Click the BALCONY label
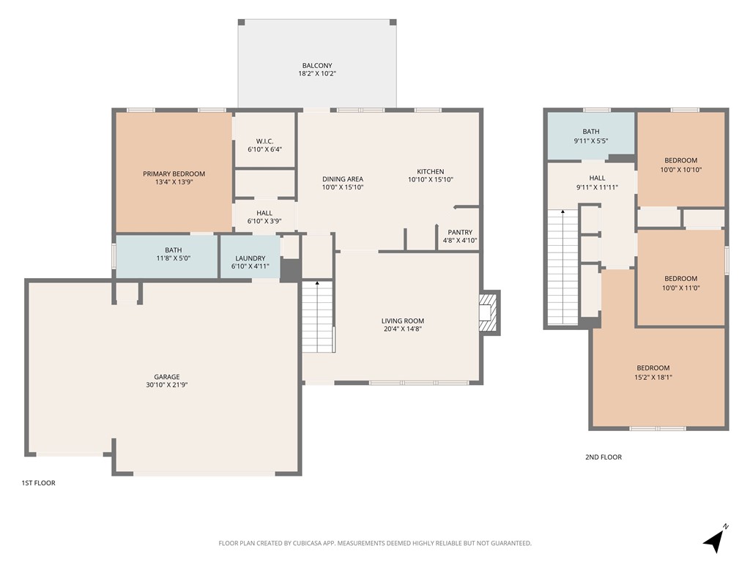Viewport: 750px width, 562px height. (316, 66)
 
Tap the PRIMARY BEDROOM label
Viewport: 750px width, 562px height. (174, 174)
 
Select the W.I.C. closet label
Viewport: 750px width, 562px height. (264, 141)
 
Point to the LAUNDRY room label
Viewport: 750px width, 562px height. (250, 258)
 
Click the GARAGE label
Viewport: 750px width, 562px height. (166, 377)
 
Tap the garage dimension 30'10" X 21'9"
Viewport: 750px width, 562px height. (166, 385)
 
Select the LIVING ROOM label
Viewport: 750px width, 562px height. (402, 321)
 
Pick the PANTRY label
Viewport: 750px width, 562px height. (460, 233)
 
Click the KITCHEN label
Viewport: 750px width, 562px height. (430, 172)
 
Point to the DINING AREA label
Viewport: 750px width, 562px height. (343, 179)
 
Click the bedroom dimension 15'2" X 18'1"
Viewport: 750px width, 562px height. (653, 377)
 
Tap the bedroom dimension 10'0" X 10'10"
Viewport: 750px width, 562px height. (680, 169)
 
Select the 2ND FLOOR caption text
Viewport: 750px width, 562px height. (603, 457)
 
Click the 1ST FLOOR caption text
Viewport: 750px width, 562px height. (38, 483)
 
